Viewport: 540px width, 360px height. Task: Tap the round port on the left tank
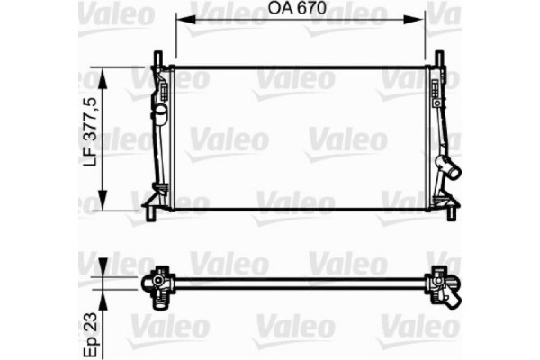click(159, 114)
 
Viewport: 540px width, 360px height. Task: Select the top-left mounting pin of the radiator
click(158, 58)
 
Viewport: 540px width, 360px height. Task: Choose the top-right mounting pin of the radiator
click(439, 58)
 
